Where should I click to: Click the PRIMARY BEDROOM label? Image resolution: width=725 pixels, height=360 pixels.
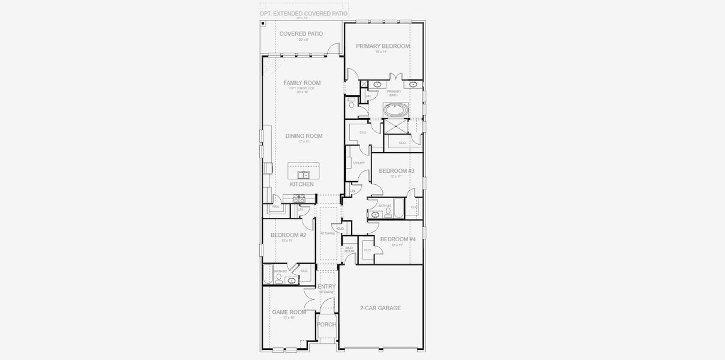click(x=382, y=46)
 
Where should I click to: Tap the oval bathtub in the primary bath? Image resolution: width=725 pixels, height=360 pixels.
click(x=395, y=110)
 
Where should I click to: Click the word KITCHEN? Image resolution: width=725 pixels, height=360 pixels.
click(x=301, y=184)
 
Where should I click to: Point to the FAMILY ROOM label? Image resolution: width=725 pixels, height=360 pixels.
click(x=302, y=83)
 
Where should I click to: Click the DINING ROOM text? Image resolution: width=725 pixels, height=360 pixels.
click(x=304, y=136)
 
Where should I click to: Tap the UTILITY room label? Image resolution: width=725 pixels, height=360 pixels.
click(x=359, y=163)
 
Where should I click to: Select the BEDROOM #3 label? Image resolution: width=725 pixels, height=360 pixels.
click(x=396, y=171)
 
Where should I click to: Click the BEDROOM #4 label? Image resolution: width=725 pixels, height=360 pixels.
click(x=397, y=239)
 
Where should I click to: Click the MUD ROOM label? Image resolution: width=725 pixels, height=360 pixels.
click(x=349, y=249)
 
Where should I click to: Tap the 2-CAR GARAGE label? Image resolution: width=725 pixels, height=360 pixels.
click(x=380, y=308)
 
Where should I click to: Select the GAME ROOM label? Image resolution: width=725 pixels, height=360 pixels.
click(x=289, y=312)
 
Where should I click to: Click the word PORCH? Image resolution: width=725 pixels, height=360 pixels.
click(x=326, y=325)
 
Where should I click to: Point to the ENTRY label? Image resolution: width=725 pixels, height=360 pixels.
click(x=326, y=287)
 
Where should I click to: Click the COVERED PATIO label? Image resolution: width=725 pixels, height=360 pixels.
click(x=301, y=34)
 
